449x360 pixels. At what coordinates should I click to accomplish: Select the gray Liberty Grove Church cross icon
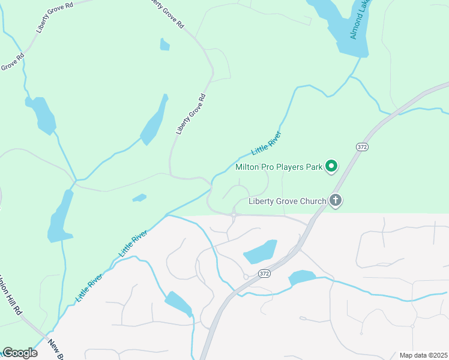coord(336,201)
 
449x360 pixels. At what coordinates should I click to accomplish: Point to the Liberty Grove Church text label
coord(287,201)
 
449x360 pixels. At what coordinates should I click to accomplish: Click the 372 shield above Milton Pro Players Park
coord(361,147)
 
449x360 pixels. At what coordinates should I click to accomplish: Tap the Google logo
coord(20,353)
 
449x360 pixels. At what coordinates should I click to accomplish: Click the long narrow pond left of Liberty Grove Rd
coord(154,122)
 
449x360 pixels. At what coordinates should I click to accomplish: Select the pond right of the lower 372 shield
coord(302,278)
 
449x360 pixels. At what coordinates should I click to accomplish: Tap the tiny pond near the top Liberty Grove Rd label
coord(164,44)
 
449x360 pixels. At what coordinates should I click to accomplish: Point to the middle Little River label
coord(133,244)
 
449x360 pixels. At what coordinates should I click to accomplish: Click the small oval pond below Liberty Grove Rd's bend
coord(139,197)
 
